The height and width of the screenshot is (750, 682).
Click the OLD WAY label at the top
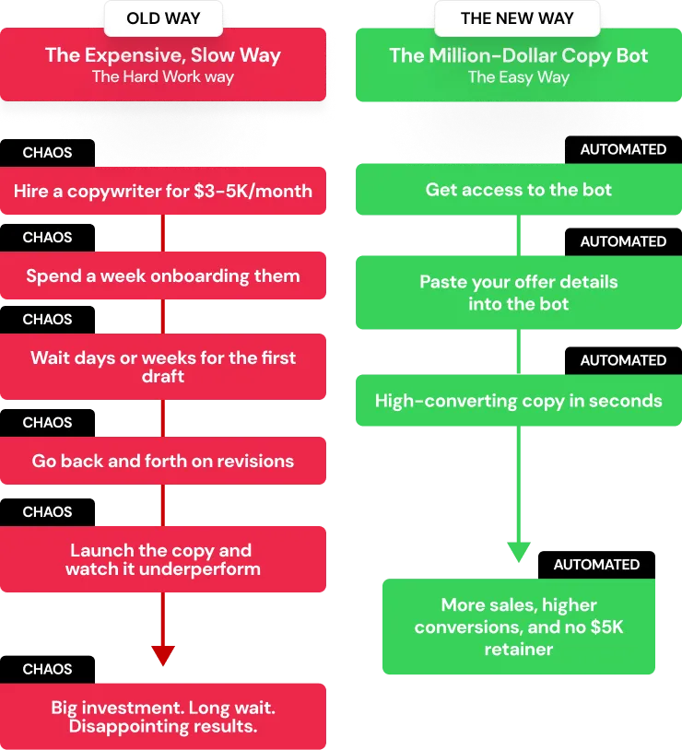(x=163, y=18)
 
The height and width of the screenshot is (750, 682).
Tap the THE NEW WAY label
(x=517, y=18)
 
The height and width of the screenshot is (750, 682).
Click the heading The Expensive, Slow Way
(x=163, y=54)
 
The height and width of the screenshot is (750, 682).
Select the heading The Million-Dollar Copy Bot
(x=519, y=54)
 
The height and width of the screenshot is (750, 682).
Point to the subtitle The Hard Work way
(x=163, y=76)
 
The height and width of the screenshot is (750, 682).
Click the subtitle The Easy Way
(x=519, y=76)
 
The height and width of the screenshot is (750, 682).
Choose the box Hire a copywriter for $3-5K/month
(x=163, y=192)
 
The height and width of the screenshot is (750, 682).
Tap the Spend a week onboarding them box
(x=163, y=275)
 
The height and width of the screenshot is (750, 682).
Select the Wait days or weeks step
(x=163, y=366)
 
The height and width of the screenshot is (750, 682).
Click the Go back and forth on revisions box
(x=163, y=461)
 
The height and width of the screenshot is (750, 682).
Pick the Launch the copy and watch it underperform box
(x=163, y=559)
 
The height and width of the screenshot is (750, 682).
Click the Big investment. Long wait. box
(x=163, y=717)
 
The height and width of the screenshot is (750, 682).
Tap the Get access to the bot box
(x=519, y=190)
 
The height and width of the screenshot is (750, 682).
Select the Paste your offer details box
(x=519, y=292)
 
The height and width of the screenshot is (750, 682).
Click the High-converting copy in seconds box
(x=519, y=401)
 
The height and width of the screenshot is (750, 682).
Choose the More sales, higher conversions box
(x=519, y=627)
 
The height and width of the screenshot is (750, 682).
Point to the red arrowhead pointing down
(x=163, y=655)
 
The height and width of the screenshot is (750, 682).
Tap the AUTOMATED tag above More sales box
(x=596, y=564)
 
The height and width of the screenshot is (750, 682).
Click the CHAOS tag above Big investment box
(x=47, y=669)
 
